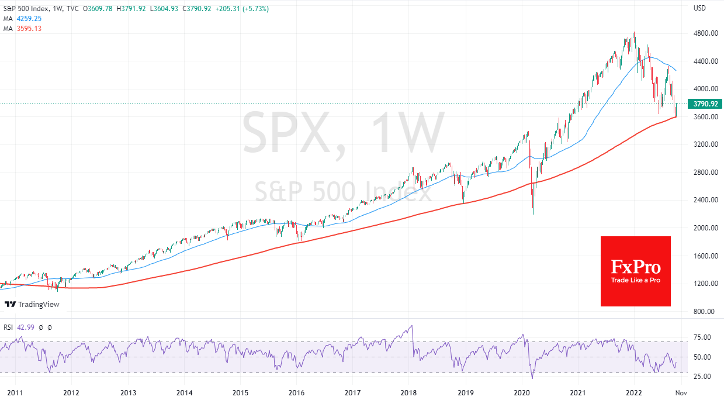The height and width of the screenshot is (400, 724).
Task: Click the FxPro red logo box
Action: tap(635, 271)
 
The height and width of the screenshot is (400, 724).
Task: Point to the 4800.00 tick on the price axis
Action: tap(705, 33)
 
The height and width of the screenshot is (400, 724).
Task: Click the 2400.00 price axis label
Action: tap(705, 200)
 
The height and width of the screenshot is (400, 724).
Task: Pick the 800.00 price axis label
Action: tap(704, 311)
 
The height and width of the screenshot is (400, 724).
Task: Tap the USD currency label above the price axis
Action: tap(699, 8)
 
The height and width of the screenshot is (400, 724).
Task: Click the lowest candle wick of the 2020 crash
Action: tap(534, 213)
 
